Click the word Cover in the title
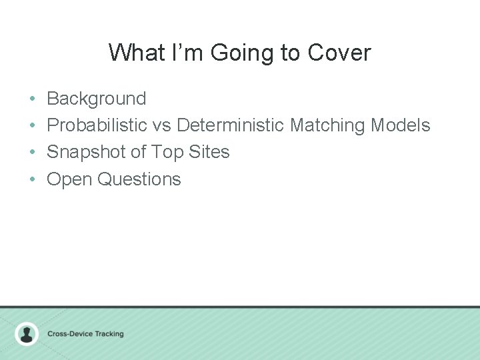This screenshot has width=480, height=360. [339, 52]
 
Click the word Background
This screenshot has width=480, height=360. [96, 99]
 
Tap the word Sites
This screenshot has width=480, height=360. [209, 152]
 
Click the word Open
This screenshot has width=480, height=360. [69, 179]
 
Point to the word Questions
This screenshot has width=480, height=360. [139, 179]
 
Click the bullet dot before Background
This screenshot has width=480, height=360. [32, 99]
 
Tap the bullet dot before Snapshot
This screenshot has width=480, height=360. [32, 153]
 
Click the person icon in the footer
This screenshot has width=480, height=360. [27, 333]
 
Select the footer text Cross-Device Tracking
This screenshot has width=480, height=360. [85, 333]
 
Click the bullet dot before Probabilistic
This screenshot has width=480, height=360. [32, 126]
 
